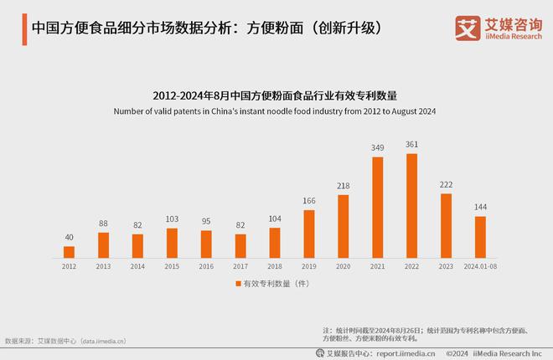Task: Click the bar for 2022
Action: (x=411, y=205)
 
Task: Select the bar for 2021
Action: (x=377, y=207)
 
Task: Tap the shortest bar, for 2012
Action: (x=69, y=251)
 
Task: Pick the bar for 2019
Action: (x=308, y=234)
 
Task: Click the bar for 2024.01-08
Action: (x=480, y=237)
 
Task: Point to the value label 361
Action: (x=411, y=144)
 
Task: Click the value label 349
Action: (x=377, y=148)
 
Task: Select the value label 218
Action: (x=343, y=186)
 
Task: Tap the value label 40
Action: (x=69, y=237)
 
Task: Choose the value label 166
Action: (x=308, y=201)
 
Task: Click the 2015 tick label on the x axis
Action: (x=172, y=265)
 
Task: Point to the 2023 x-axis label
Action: (x=446, y=265)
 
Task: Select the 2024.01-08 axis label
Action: (x=480, y=265)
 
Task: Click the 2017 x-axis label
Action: (x=240, y=265)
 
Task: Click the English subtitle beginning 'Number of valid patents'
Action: (x=275, y=111)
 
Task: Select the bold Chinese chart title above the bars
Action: (x=275, y=95)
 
